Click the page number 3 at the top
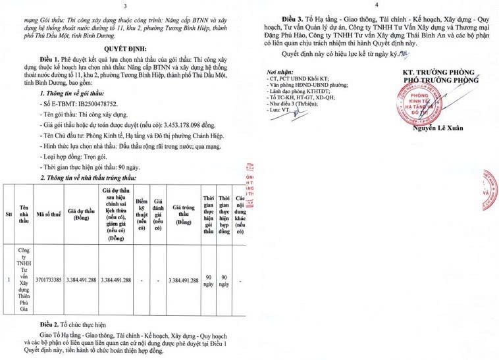(124, 6)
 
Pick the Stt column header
(8, 215)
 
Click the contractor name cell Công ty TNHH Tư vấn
(24, 279)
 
